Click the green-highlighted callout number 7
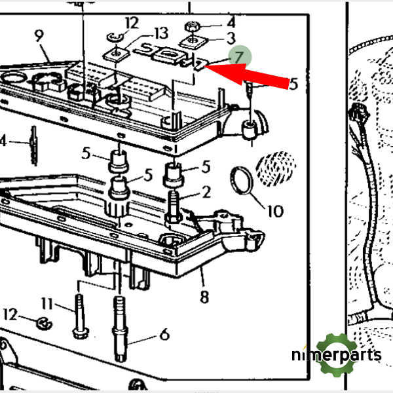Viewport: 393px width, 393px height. tap(239, 58)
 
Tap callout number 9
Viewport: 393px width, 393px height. tap(39, 36)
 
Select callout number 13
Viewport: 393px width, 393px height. tap(161, 33)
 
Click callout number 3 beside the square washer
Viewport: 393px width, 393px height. tap(231, 39)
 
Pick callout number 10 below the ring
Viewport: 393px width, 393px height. tap(276, 211)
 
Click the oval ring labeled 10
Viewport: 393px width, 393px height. tap(242, 181)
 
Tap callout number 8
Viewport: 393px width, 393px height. tap(204, 297)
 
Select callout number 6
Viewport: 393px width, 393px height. tap(164, 334)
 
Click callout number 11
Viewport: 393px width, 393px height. tap(47, 303)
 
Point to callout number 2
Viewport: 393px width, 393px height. tap(206, 192)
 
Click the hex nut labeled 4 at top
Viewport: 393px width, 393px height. tap(192, 26)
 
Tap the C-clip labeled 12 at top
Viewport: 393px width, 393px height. tap(115, 37)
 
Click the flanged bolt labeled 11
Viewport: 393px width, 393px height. tap(79, 316)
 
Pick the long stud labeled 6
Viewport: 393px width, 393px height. tap(120, 329)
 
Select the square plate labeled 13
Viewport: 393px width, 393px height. tap(116, 54)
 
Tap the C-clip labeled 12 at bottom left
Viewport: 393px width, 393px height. tap(45, 324)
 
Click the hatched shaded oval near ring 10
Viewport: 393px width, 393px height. tap(276, 169)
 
